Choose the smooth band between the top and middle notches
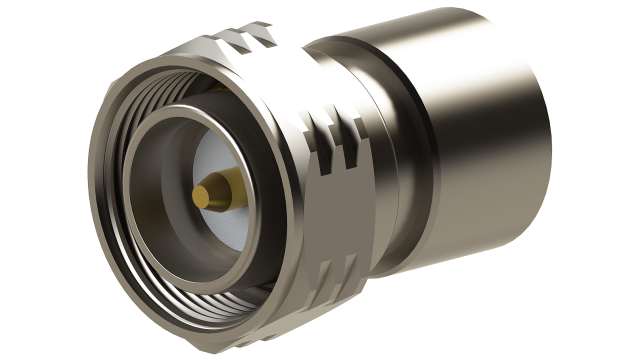(300, 90)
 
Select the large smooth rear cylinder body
(480, 150)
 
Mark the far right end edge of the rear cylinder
(548, 130)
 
